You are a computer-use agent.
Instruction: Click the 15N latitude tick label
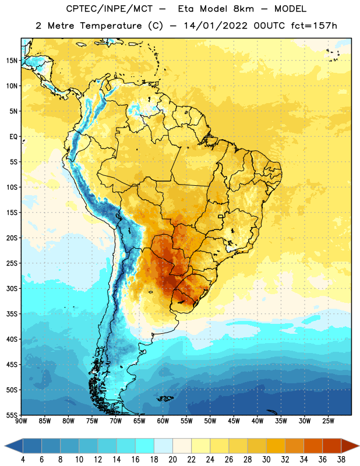pyautogui.click(x=12, y=61)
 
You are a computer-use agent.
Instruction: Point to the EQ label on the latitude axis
pyautogui.click(x=13, y=137)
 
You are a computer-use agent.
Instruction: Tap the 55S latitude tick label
pyautogui.click(x=12, y=415)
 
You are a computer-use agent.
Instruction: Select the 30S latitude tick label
pyautogui.click(x=12, y=288)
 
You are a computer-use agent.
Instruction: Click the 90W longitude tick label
pyautogui.click(x=21, y=421)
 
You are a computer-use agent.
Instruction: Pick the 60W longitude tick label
pyautogui.click(x=163, y=421)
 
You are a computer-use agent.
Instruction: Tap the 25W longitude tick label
pyautogui.click(x=328, y=421)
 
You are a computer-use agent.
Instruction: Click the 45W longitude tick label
pyautogui.click(x=234, y=421)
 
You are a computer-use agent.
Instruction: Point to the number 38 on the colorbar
pyautogui.click(x=341, y=460)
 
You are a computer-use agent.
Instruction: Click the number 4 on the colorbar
pyautogui.click(x=23, y=460)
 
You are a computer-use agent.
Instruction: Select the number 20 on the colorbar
pyautogui.click(x=172, y=460)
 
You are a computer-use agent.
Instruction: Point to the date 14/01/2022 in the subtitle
pyautogui.click(x=216, y=26)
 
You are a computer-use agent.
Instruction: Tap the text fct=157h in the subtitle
pyautogui.click(x=314, y=26)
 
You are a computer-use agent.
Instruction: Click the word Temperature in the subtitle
pyautogui.click(x=111, y=26)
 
